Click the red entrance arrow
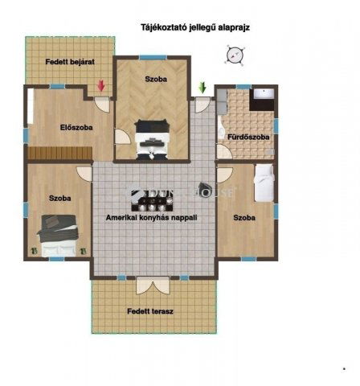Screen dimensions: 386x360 tap(101, 86)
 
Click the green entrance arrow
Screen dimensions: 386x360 tap(202, 87)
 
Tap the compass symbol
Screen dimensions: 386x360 tap(234, 55)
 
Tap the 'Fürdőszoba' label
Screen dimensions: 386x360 tap(247, 137)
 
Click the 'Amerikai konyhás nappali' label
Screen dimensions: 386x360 tap(152, 217)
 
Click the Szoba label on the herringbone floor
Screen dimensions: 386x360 tap(156, 80)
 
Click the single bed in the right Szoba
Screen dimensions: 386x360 tap(264, 183)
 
